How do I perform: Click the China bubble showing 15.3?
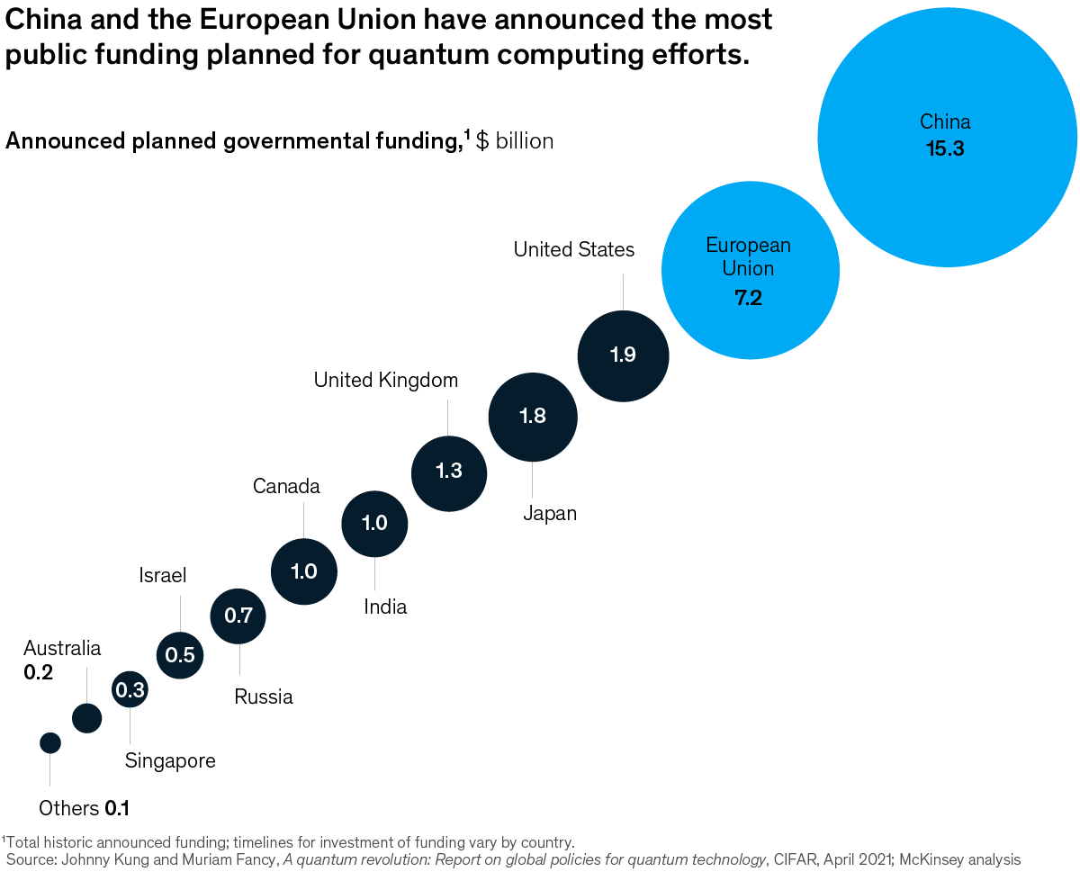tap(947, 137)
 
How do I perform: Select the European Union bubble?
tap(750, 270)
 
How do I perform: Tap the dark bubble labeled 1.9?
tap(623, 355)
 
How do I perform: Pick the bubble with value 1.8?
tap(533, 417)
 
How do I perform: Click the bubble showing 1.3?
tap(449, 472)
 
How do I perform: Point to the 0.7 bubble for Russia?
tap(238, 616)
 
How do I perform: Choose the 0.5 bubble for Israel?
tap(181, 654)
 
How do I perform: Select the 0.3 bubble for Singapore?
tap(130, 690)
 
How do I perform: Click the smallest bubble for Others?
tap(50, 742)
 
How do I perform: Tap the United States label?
tap(574, 249)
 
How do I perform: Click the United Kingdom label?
tap(386, 381)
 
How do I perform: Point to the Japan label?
tap(550, 514)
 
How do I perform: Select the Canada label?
tap(286, 487)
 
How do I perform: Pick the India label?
tap(385, 607)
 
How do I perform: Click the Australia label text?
tap(62, 648)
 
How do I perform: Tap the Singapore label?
tap(170, 760)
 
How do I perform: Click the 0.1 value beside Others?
tap(117, 808)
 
